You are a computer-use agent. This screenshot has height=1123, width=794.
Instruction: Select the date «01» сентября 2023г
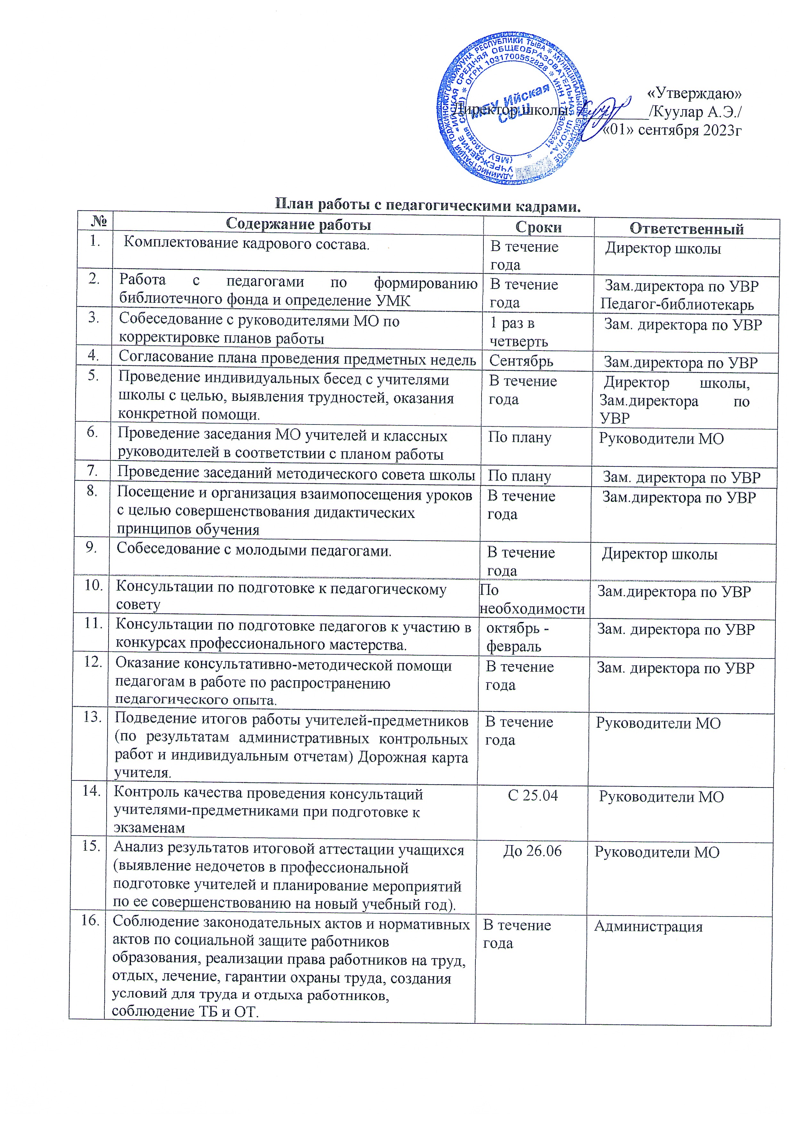click(673, 130)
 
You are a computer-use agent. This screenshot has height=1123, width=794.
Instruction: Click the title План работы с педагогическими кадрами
click(428, 205)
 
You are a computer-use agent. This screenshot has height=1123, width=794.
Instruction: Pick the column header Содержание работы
click(298, 224)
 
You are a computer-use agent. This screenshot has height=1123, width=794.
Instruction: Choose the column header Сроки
click(538, 227)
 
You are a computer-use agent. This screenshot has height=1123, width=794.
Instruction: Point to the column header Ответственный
click(686, 229)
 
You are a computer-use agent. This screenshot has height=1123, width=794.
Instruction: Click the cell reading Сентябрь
click(521, 361)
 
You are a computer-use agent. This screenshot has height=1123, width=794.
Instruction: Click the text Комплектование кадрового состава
click(246, 243)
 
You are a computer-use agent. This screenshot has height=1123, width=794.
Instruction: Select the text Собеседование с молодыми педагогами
click(254, 550)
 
